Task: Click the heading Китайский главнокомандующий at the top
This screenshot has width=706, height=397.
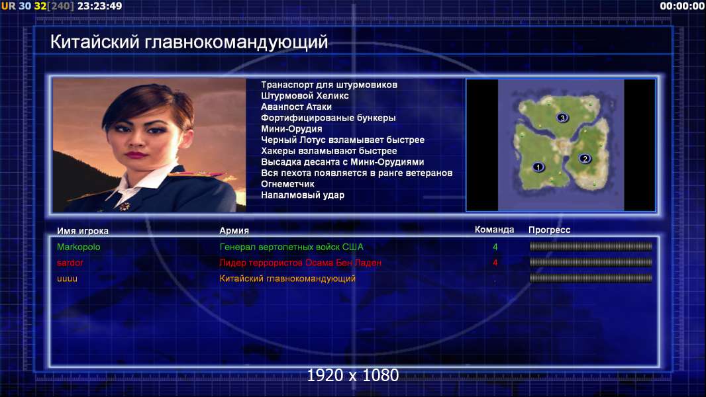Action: pos(189,42)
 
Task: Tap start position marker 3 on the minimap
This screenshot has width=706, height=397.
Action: pos(562,118)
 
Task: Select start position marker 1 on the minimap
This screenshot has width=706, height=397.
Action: pos(538,167)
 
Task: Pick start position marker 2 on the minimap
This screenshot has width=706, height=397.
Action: pos(585,158)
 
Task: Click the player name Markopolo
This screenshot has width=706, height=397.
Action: pos(78,247)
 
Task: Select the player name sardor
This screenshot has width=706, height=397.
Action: pos(70,263)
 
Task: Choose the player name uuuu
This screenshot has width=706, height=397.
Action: pos(67,279)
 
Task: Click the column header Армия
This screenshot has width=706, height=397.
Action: pos(234,231)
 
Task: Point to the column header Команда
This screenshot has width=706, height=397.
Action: pos(494,230)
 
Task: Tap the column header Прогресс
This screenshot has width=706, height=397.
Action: pos(549,230)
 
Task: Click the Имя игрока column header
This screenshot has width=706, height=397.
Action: pos(82,231)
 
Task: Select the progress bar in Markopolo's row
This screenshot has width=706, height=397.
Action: pos(591,246)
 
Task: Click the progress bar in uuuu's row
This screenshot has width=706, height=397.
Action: pos(591,279)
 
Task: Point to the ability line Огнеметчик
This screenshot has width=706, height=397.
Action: pos(287,184)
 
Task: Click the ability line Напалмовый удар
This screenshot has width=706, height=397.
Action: pos(303,195)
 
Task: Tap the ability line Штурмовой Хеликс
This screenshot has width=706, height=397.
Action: pos(305,96)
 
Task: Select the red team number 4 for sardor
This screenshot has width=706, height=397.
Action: pos(495,263)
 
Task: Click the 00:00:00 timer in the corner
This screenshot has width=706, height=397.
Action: pos(682,6)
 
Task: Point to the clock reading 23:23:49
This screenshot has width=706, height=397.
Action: pos(99,6)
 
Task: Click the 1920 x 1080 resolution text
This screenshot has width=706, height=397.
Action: pos(353,375)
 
